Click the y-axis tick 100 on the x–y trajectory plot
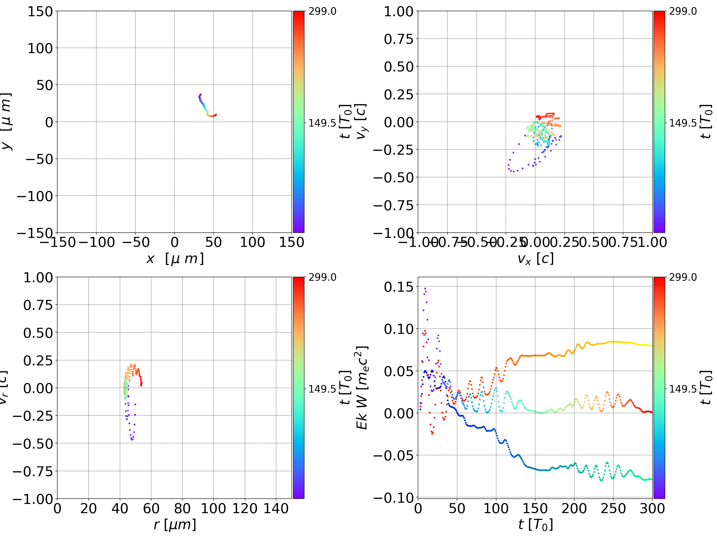coord(40,48)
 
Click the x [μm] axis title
coord(175,259)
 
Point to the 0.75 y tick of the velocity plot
coord(399,39)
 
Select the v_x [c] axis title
coord(536,259)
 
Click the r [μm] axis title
coord(175,525)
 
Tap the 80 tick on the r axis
coord(182,508)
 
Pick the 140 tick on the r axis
coord(276,508)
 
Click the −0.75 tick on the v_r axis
coord(32,471)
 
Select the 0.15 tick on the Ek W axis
coord(399,287)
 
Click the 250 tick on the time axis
coord(613,508)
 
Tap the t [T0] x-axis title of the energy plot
coord(536,525)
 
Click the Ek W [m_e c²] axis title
coord(362,388)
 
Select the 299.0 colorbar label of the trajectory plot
coord(322,11)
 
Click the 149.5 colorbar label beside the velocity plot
coord(683,123)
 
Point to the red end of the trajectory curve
coord(216,115)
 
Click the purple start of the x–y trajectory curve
coord(200,94)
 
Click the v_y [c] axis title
coord(361,122)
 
